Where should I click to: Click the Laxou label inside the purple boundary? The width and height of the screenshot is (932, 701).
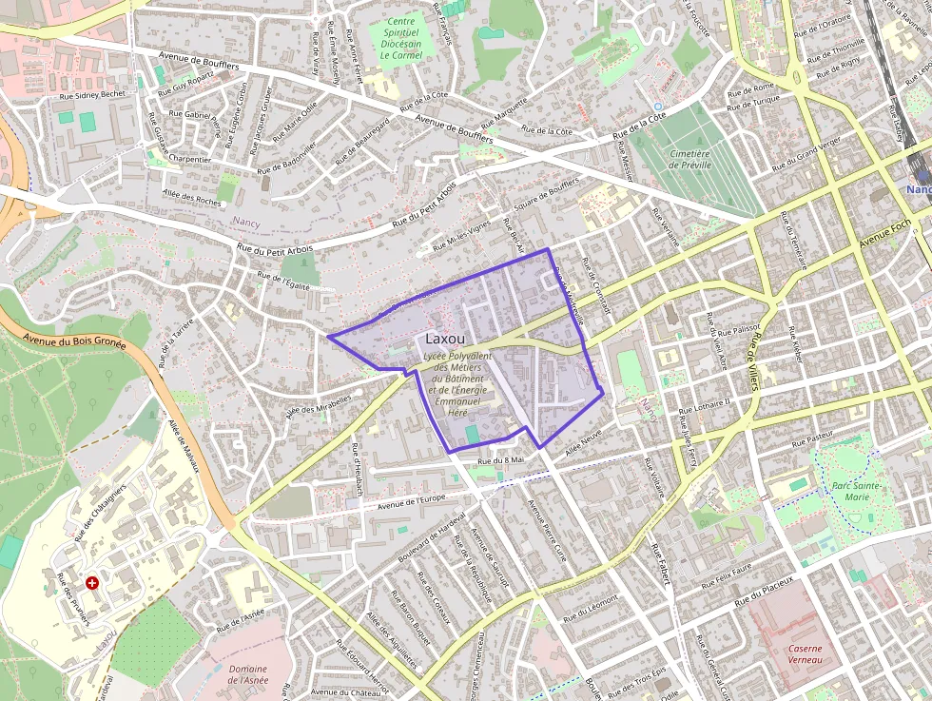tap(445, 339)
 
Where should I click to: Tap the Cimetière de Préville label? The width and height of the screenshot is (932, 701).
tap(689, 159)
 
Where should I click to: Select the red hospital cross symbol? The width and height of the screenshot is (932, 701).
tap(92, 582)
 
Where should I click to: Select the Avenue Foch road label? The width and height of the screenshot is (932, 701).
tap(884, 230)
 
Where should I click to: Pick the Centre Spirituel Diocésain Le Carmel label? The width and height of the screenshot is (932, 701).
tap(400, 39)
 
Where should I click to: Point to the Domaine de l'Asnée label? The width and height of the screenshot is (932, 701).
tap(248, 674)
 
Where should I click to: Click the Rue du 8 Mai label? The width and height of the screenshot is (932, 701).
tap(501, 461)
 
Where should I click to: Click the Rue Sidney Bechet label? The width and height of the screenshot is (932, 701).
tap(92, 95)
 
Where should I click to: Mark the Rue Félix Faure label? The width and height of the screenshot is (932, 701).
tap(728, 574)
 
